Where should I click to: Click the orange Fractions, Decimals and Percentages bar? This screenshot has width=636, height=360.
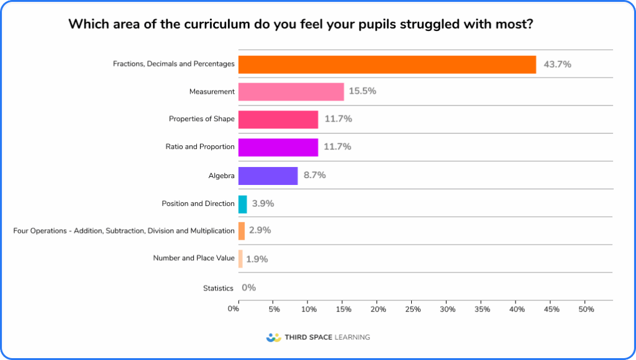(387, 65)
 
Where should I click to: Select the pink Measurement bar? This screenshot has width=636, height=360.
(291, 92)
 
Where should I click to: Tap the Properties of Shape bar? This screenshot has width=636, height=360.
(278, 119)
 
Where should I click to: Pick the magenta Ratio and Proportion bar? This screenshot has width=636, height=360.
(278, 147)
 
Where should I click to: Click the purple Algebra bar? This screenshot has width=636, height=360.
(268, 176)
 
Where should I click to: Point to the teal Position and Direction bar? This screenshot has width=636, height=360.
(242, 204)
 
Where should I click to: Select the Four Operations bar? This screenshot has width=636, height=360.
(242, 231)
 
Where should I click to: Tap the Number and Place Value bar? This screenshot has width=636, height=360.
(240, 259)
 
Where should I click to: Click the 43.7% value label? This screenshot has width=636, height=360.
(557, 64)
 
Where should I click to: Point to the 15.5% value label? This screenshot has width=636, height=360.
(362, 91)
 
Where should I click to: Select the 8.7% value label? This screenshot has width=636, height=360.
(314, 175)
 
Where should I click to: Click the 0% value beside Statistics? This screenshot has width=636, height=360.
(248, 287)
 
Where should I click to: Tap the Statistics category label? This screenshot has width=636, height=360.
(218, 288)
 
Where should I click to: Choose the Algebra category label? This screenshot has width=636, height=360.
(221, 176)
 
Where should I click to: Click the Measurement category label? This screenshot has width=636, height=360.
(212, 92)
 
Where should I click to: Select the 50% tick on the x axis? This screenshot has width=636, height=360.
(586, 309)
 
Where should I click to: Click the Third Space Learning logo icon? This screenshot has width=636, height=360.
(273, 338)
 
